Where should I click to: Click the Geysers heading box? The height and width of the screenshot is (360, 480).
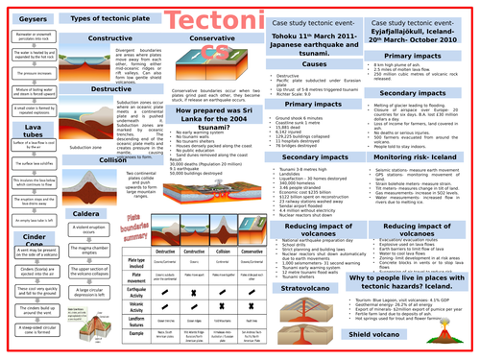(x=24, y=19)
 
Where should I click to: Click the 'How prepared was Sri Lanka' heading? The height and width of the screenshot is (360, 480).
(x=204, y=114)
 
